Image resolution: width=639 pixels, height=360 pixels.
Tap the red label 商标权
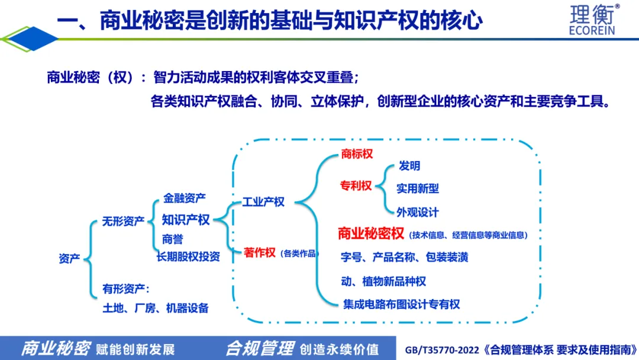[357, 154]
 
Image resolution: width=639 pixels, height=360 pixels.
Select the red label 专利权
[356, 186]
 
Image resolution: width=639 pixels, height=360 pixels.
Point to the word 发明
[409, 166]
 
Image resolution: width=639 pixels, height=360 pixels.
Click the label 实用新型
[418, 189]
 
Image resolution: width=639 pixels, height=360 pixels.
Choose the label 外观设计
[418, 211]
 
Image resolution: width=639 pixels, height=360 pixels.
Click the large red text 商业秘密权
[371, 233]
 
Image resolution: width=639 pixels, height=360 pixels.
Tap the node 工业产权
[263, 202]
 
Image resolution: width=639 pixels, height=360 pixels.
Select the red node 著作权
[260, 253]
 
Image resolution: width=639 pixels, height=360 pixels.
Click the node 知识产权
[186, 220]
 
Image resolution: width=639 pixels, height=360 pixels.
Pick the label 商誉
[172, 239]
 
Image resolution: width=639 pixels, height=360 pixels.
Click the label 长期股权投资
[188, 256]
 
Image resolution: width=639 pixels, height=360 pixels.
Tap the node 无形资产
[123, 221]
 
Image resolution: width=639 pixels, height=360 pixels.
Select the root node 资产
[69, 259]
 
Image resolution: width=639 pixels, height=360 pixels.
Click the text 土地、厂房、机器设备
[155, 308]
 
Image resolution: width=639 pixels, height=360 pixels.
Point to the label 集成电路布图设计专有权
[401, 304]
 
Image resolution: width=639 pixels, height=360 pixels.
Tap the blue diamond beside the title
[30, 39]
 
